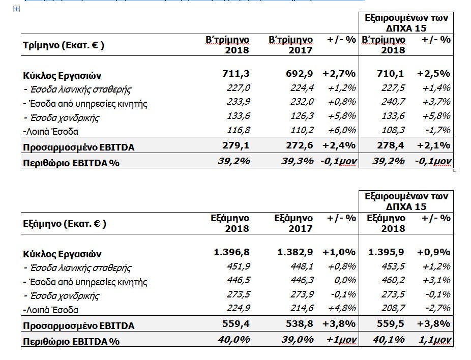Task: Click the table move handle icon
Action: point(16,9)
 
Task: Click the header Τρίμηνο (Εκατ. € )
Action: point(64,45)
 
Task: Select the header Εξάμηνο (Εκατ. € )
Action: point(65,224)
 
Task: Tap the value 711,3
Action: point(236,73)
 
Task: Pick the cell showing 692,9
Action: point(299,73)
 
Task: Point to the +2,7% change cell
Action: point(339,73)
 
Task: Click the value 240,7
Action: point(393,102)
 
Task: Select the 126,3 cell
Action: point(302,116)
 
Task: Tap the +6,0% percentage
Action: point(342,130)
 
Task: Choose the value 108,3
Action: point(393,130)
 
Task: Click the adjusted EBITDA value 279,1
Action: point(236,145)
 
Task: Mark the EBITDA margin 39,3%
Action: point(298,161)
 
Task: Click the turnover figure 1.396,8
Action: point(231,252)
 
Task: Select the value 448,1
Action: point(302,266)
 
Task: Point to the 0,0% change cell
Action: point(345,281)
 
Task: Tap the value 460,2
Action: point(393,281)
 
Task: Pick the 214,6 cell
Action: point(302,308)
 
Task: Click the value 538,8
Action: point(299,324)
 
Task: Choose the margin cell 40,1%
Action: point(389,340)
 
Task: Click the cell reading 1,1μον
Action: point(435,340)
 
